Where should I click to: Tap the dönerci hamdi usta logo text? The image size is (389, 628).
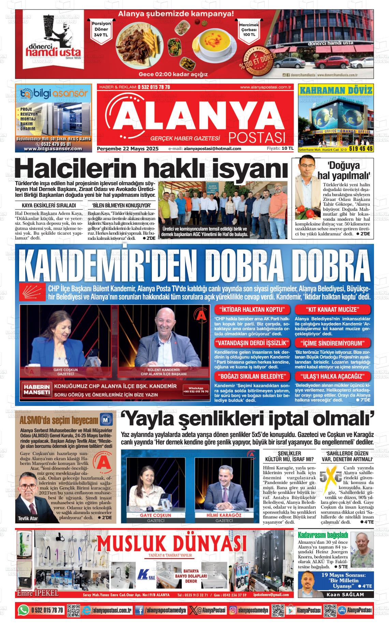(x=54, y=51)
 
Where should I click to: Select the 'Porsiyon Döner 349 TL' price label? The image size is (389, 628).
(x=101, y=29)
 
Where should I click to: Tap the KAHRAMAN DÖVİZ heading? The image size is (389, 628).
(x=335, y=90)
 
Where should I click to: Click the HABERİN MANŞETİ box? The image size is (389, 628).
(x=36, y=390)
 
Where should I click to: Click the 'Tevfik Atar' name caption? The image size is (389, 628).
(x=28, y=519)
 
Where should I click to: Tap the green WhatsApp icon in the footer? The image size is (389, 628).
(x=23, y=610)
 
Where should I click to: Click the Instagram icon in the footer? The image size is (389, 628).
(x=233, y=610)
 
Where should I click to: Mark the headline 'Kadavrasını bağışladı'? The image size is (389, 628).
(x=323, y=535)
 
